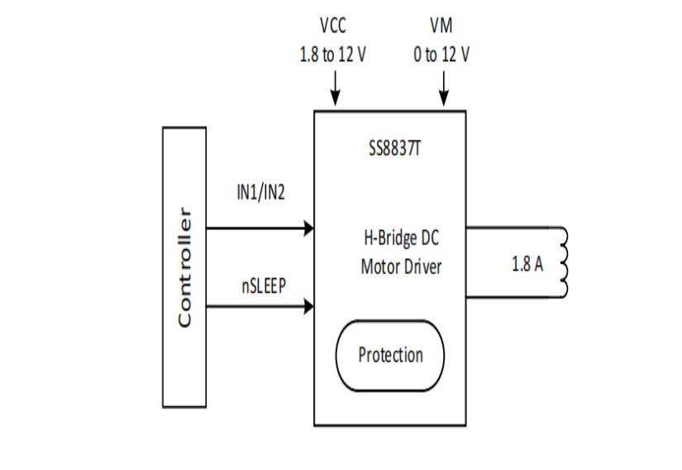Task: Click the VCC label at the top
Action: click(x=333, y=26)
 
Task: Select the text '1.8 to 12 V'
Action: click(x=333, y=55)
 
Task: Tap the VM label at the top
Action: click(x=441, y=26)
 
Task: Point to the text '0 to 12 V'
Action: click(x=441, y=55)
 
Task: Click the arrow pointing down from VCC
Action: click(x=335, y=88)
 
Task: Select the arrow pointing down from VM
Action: click(x=444, y=88)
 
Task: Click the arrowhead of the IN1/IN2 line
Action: click(x=309, y=228)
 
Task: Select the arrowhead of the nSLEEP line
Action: click(x=309, y=307)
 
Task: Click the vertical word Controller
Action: click(x=185, y=267)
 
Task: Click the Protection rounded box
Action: click(x=390, y=356)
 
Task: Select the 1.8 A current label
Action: click(x=527, y=267)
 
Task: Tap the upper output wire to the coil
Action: click(x=513, y=228)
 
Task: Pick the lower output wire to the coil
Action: click(x=513, y=296)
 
